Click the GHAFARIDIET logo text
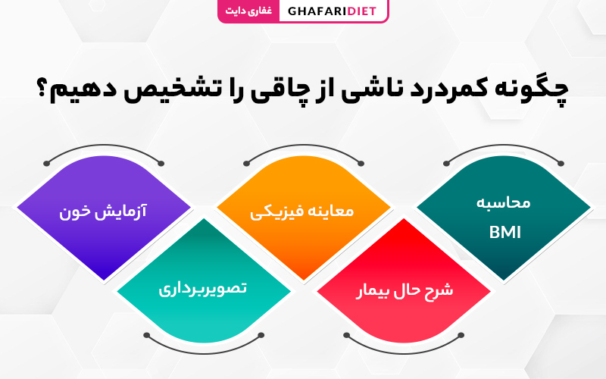(x=332, y=11)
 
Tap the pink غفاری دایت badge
(x=248, y=11)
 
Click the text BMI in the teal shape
(x=504, y=233)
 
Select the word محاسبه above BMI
(x=503, y=202)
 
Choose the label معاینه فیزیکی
(x=301, y=211)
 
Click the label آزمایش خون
(x=103, y=211)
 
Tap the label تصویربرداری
(x=202, y=289)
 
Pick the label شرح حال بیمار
(x=405, y=290)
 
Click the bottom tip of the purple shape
(x=105, y=279)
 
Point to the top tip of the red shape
(x=404, y=219)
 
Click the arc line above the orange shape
(x=304, y=146)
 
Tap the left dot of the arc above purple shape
(x=47, y=163)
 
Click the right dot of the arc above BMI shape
(x=561, y=163)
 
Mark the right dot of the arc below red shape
(x=461, y=335)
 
